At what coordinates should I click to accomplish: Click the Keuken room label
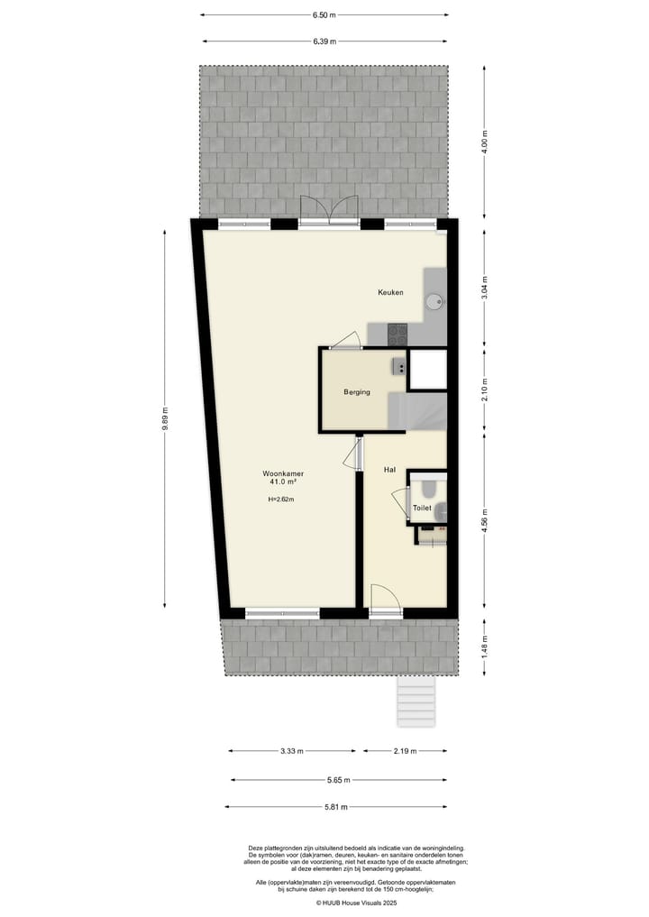click(x=390, y=292)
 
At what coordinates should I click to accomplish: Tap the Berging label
click(x=357, y=392)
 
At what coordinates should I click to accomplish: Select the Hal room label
click(x=390, y=470)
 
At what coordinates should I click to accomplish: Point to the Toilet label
click(x=422, y=509)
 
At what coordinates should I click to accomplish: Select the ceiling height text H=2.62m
click(x=281, y=500)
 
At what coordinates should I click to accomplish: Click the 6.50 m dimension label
click(x=324, y=15)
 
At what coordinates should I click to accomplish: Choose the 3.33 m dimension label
click(x=291, y=751)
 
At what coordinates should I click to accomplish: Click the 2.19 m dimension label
click(x=406, y=751)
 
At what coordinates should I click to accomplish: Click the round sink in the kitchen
click(x=434, y=301)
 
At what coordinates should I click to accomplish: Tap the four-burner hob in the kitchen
click(x=398, y=335)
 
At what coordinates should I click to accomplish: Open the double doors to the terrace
click(x=329, y=213)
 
